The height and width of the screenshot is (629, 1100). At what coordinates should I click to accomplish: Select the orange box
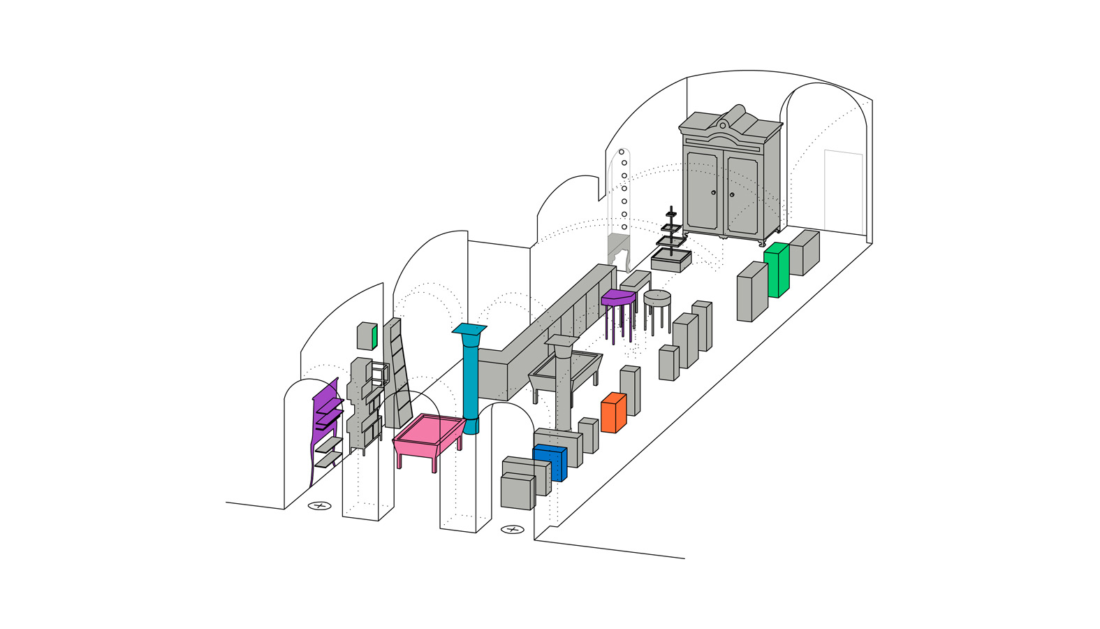613,414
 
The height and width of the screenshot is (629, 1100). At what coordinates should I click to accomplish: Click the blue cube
550,463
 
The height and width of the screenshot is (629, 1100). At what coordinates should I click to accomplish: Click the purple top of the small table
618,296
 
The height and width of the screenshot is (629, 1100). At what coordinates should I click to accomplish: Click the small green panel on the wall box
374,337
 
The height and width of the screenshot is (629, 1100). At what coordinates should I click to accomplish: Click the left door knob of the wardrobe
714,193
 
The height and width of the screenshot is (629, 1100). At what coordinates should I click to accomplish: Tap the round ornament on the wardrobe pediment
723,125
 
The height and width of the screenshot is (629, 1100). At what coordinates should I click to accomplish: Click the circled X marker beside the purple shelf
320,505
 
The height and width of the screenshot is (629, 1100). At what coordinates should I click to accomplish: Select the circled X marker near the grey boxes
512,530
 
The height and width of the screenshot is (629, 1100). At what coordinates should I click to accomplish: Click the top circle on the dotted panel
621,152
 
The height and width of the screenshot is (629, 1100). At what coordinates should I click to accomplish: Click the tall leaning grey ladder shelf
399,374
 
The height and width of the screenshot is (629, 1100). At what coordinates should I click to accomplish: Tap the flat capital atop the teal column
469,328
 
